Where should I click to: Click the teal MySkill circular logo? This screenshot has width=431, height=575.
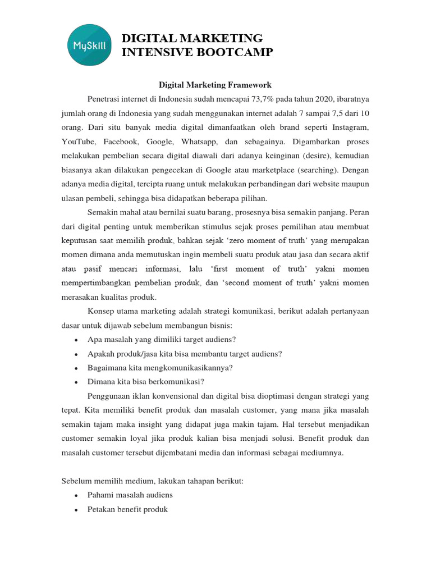click(x=87, y=44)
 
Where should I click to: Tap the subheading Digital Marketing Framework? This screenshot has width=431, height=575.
click(x=215, y=85)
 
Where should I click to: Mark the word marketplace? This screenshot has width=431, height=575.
click(x=254, y=170)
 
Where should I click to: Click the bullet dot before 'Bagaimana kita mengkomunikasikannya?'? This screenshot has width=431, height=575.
click(x=75, y=368)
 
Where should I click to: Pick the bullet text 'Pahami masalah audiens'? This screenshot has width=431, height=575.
click(x=130, y=495)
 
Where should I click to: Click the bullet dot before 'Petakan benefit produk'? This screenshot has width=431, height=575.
click(x=75, y=510)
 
